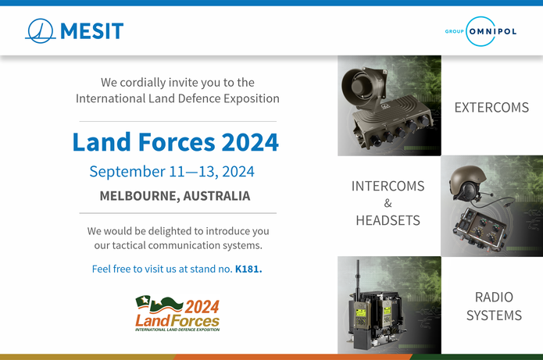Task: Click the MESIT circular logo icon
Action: [x=41, y=30]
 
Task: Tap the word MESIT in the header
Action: [x=91, y=31]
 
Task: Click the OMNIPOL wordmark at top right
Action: [x=493, y=31]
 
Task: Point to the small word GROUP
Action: [x=455, y=31]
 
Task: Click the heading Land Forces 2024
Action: [x=176, y=142]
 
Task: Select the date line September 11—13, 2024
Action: [x=172, y=171]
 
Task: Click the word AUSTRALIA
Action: [x=216, y=196]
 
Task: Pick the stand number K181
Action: [x=248, y=269]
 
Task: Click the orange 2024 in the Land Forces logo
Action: [x=202, y=307]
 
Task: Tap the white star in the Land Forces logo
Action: [x=145, y=300]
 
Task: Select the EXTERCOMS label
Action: [x=491, y=108]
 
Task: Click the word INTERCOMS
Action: [x=388, y=186]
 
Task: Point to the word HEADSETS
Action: [x=388, y=220]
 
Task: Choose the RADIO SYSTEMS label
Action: [x=495, y=306]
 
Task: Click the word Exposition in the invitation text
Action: [x=252, y=98]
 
